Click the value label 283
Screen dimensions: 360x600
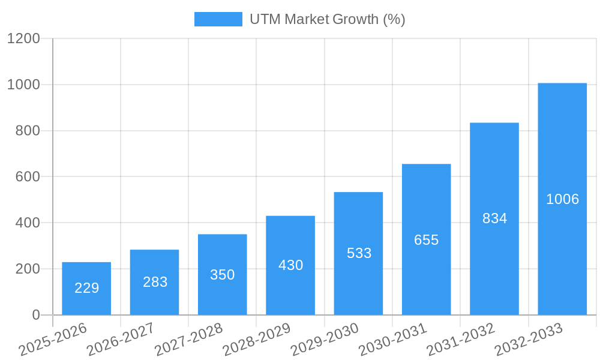(x=155, y=282)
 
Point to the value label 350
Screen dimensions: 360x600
(x=223, y=275)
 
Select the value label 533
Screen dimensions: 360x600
(x=359, y=253)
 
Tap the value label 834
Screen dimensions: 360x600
(x=494, y=218)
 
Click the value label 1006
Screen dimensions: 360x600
(x=562, y=199)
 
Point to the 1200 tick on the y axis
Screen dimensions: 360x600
(x=23, y=38)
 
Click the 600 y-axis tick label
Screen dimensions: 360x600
(x=28, y=176)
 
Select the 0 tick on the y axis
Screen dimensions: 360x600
(x=35, y=315)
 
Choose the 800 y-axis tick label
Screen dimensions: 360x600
(x=28, y=131)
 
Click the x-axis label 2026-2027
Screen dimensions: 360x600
(x=121, y=339)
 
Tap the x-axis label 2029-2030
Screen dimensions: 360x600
(x=325, y=339)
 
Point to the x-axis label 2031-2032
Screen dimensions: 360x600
(x=461, y=339)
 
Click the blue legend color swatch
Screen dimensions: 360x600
(x=218, y=19)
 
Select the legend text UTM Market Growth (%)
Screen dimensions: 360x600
(x=327, y=19)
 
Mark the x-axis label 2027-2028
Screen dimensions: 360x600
(x=188, y=339)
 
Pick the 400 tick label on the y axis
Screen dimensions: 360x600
(x=28, y=223)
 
